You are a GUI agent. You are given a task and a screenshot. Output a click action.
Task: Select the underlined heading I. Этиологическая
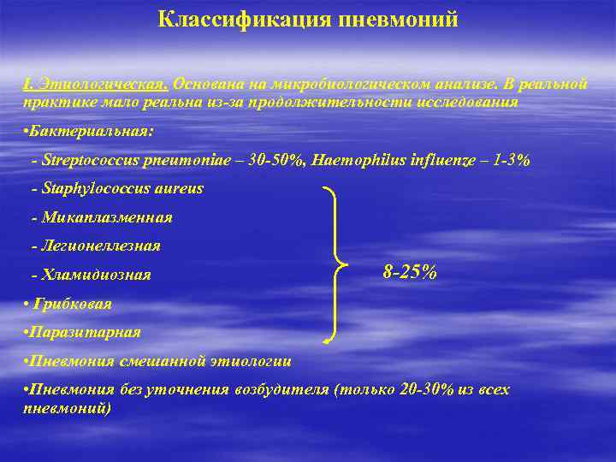(x=95, y=85)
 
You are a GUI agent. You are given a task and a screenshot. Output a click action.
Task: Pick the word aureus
(x=176, y=188)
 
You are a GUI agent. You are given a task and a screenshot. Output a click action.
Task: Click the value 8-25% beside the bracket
(x=410, y=272)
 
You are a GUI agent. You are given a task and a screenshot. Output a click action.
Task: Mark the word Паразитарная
(x=84, y=332)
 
